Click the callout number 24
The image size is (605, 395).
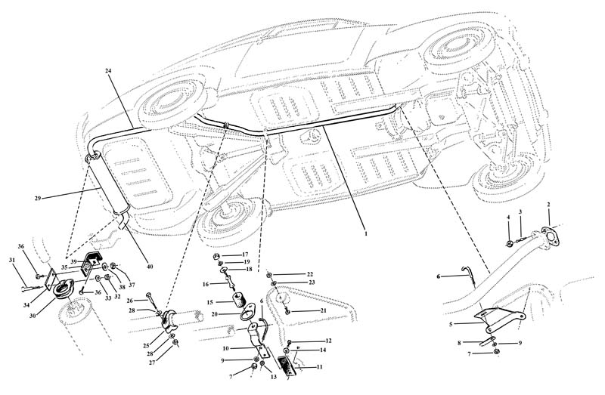[x=109, y=71]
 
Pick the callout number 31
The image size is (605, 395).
[x=13, y=261]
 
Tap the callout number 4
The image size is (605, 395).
[x=509, y=218]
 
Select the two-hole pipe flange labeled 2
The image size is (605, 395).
[x=551, y=233]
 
